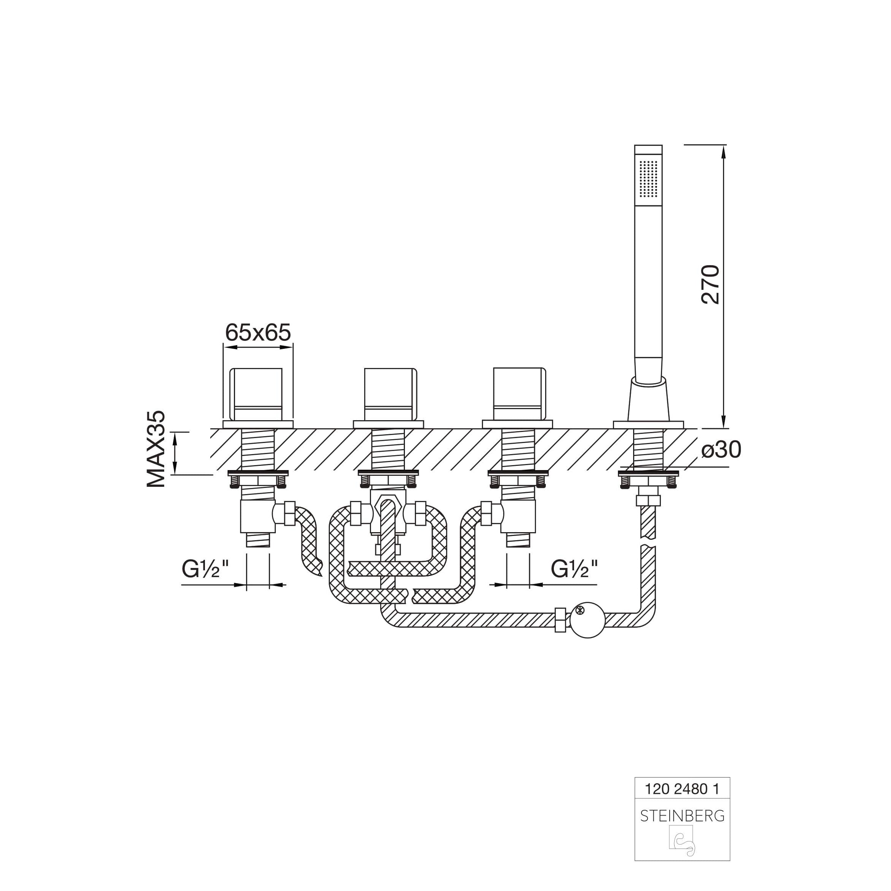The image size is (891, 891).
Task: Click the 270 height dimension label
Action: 710,284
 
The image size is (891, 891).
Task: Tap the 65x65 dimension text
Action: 258,332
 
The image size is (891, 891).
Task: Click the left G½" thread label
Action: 205,569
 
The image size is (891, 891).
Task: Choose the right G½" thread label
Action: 574,569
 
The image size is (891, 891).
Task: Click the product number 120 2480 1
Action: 681,789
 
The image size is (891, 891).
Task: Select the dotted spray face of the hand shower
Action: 648,179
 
